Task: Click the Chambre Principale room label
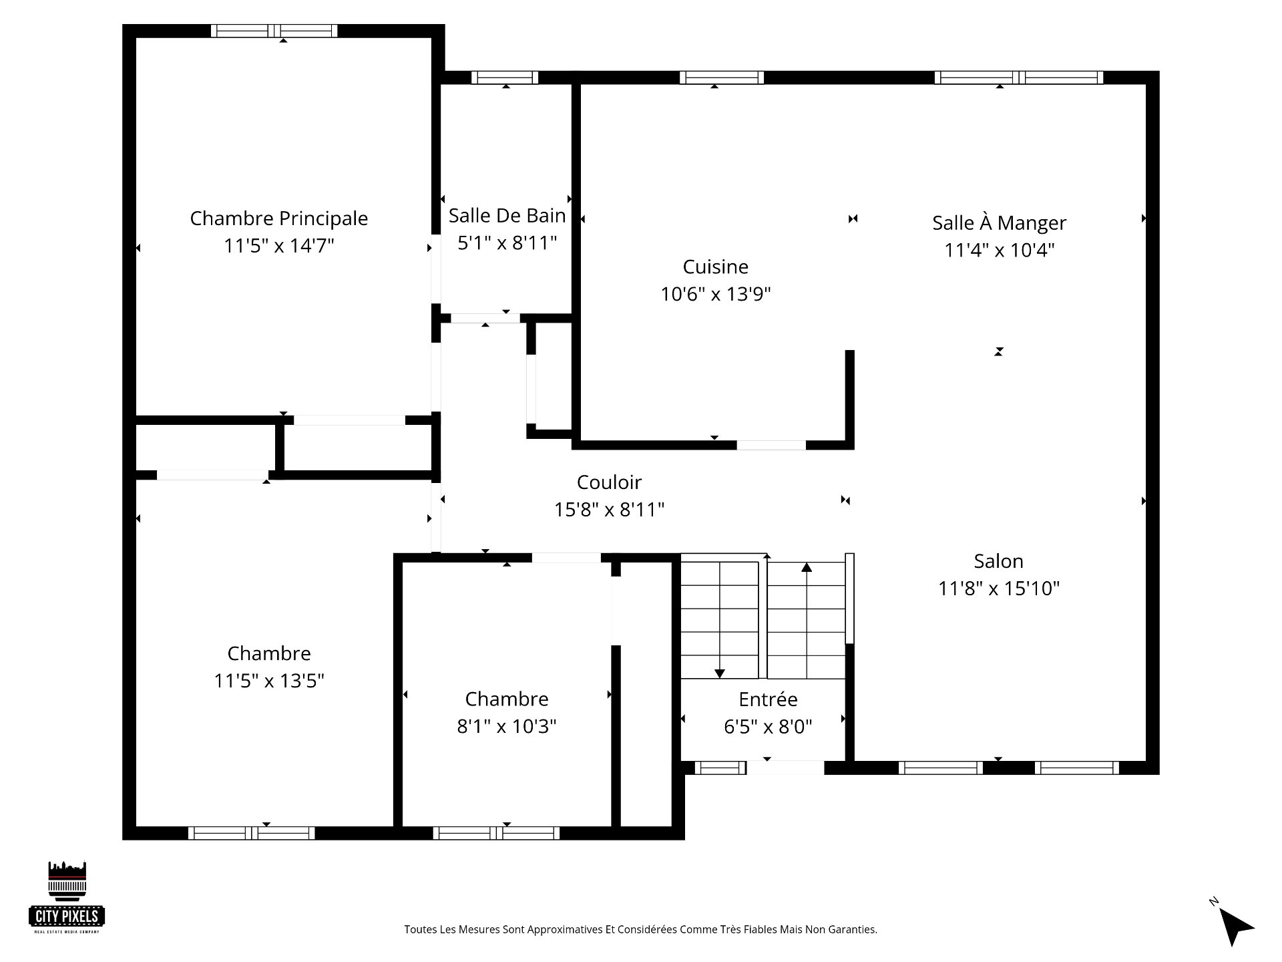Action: [x=279, y=219]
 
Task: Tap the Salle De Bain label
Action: [x=507, y=216]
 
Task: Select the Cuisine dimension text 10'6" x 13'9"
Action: [x=716, y=294]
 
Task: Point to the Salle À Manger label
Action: [x=999, y=222]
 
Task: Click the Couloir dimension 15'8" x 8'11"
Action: [x=609, y=510]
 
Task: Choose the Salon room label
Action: [x=998, y=561]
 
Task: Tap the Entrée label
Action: [x=768, y=699]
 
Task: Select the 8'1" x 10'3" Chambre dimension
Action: [x=507, y=726]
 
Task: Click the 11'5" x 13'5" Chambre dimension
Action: [x=269, y=681]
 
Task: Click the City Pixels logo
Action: [x=67, y=897]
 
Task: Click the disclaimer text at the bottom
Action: [x=640, y=929]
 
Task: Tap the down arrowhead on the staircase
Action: [x=719, y=673]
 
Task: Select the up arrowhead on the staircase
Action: [x=807, y=567]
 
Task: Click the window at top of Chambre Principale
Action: [x=274, y=31]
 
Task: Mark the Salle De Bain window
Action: [x=505, y=77]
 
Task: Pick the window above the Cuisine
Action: [x=722, y=77]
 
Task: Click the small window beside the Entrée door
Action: [x=720, y=768]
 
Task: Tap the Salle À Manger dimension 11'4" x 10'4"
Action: [x=1000, y=250]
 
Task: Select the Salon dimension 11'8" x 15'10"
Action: [x=999, y=589]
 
